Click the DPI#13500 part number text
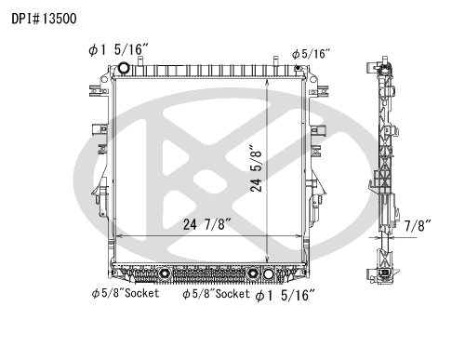point(44,19)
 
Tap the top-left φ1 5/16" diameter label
point(119,49)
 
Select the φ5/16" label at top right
point(311,54)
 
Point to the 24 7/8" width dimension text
point(207,224)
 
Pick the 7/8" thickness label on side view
point(418,226)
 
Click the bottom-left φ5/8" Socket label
point(126,293)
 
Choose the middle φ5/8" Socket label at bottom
point(216,294)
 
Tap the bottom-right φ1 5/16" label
point(286,295)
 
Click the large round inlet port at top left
point(124,68)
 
